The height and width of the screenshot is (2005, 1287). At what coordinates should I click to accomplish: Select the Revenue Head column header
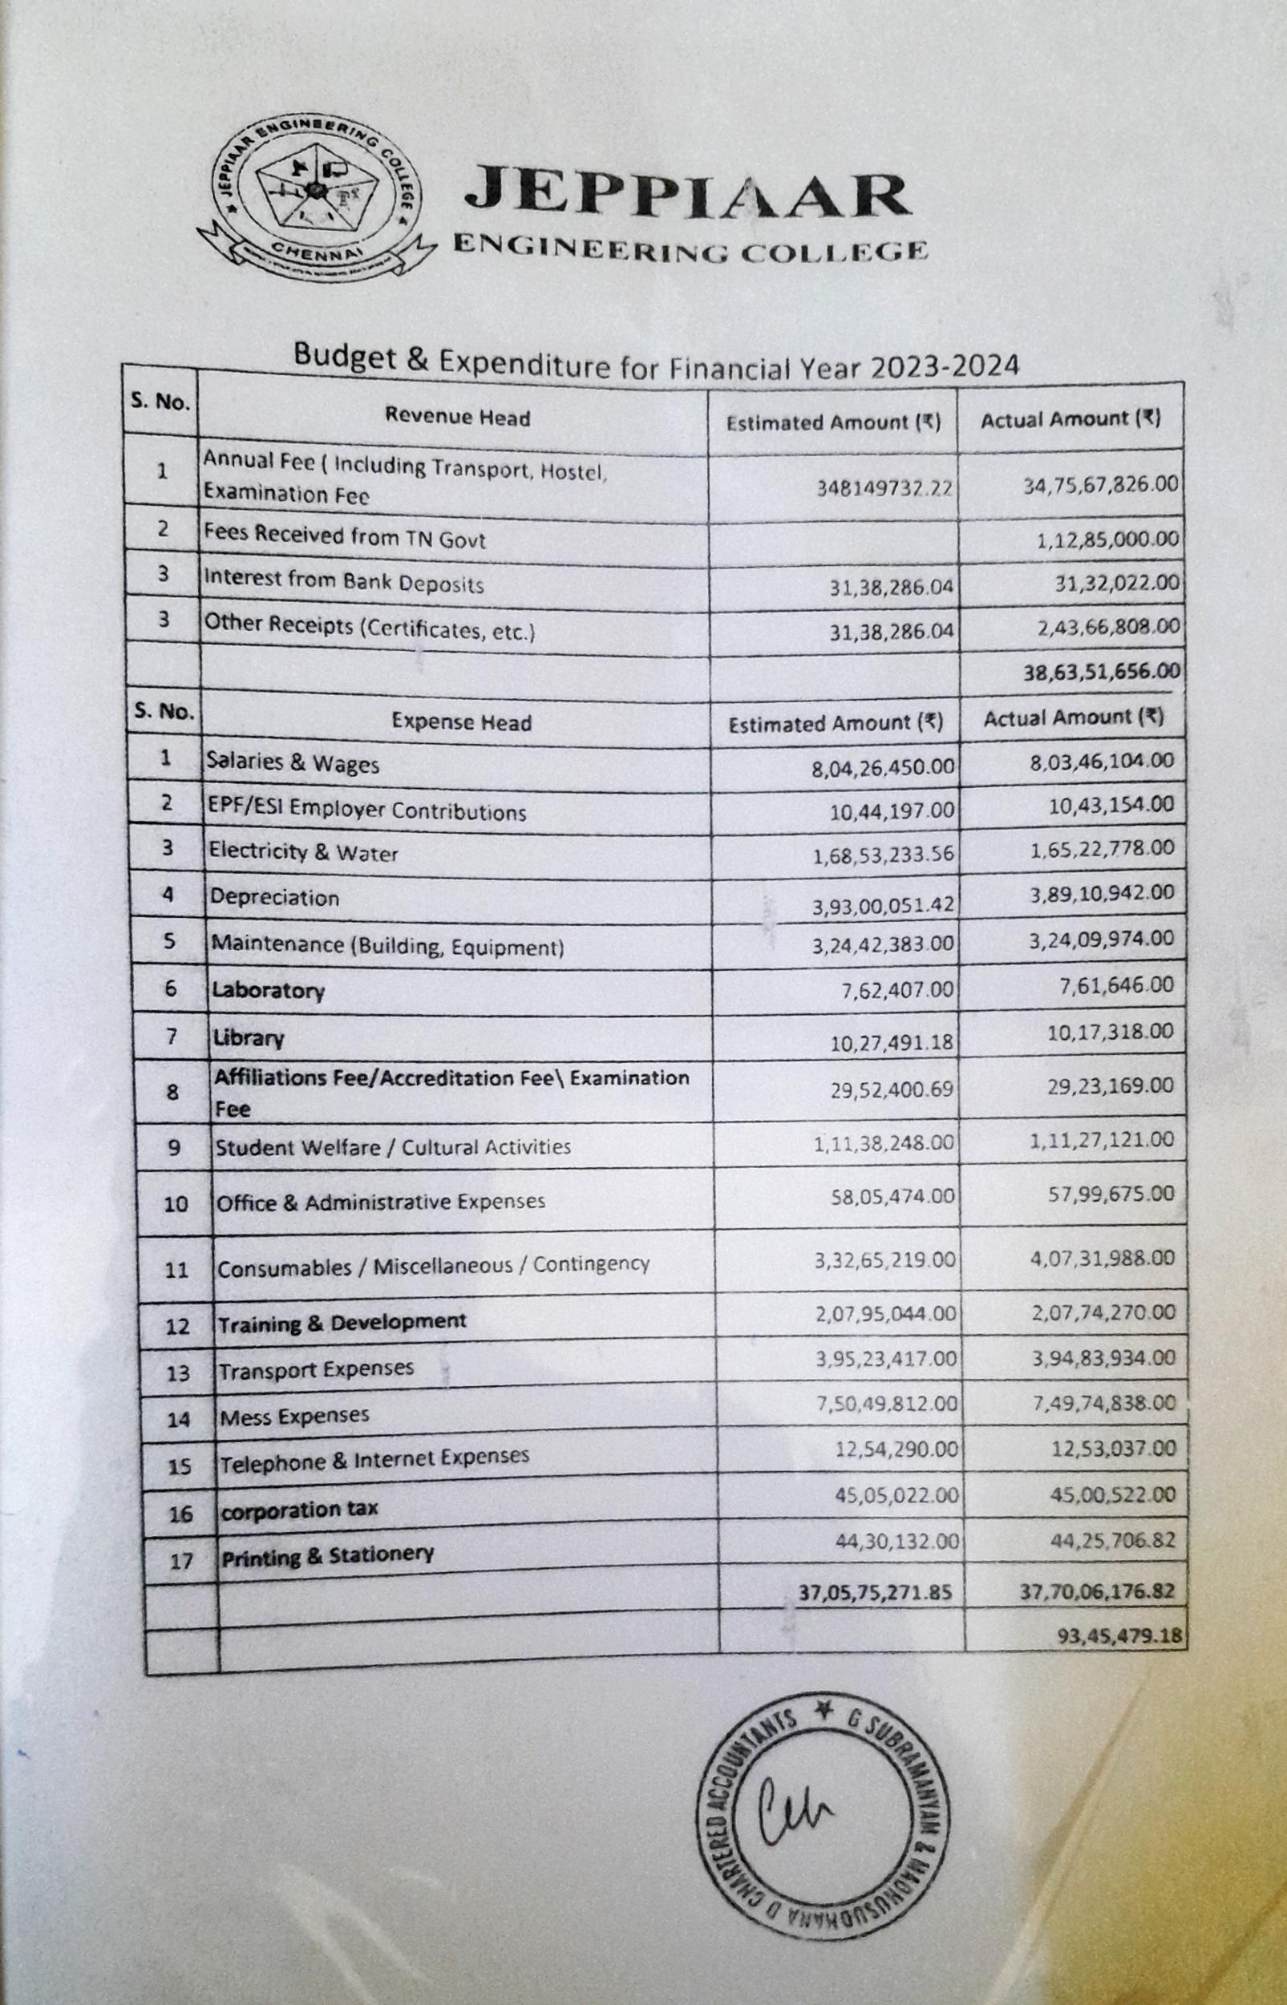tap(457, 417)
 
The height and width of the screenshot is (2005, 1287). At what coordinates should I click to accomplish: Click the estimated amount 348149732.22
tap(885, 489)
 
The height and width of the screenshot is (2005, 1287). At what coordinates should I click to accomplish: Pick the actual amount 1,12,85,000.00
tap(1107, 540)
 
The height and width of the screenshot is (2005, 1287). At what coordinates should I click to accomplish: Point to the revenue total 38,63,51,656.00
tap(1102, 671)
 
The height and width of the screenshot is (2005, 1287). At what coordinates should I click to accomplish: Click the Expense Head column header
tap(461, 722)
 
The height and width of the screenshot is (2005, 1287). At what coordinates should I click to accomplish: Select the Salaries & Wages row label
tap(293, 762)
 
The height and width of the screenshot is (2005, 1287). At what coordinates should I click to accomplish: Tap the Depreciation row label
tap(274, 898)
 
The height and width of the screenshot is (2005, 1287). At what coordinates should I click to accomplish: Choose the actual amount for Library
tap(1111, 1032)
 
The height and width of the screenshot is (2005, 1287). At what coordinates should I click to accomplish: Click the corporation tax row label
tap(298, 1510)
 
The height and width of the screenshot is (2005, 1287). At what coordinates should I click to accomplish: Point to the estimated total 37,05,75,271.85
tap(874, 1592)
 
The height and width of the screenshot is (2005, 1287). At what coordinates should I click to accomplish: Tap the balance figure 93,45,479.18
tap(1120, 1635)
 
